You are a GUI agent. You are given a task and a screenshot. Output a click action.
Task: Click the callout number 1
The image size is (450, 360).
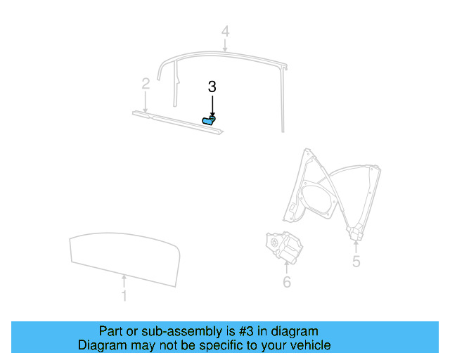(124, 296)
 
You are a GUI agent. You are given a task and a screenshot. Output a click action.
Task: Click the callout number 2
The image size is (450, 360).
(146, 84)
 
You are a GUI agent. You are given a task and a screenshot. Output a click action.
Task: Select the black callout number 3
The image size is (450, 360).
(212, 86)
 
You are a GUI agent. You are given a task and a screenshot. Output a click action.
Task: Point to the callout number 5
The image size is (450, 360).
(356, 262)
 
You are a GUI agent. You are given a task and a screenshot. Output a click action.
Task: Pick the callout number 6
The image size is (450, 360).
(286, 282)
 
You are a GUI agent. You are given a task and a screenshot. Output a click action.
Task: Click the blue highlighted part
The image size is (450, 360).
(210, 121)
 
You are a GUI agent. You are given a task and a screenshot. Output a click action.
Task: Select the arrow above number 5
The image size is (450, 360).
(356, 246)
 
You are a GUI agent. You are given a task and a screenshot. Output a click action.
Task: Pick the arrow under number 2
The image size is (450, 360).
(146, 102)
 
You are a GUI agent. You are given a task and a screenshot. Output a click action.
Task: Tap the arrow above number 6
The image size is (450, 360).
(286, 269)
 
